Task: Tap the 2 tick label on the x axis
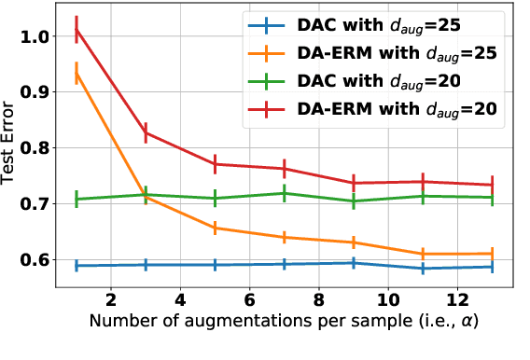[x=111, y=301]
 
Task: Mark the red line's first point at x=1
[x=77, y=30]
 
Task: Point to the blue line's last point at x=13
[x=493, y=267]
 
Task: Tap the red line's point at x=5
[x=215, y=164]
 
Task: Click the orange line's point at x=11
[x=424, y=254]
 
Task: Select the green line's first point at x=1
[x=77, y=199]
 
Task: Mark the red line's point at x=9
[x=354, y=183]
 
